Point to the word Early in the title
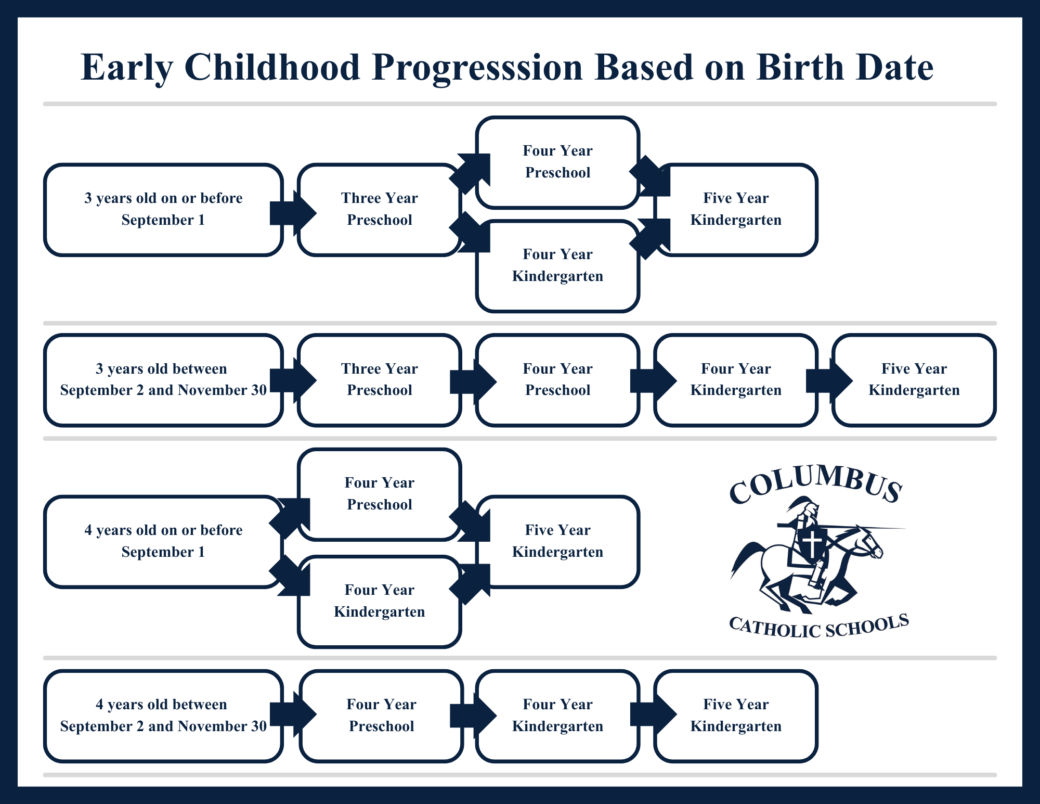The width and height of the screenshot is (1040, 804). coord(126,68)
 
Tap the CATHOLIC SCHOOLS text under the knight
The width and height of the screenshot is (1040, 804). coord(819,626)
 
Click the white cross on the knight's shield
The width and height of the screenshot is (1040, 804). coord(812,543)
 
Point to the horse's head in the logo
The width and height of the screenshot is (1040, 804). coord(866,541)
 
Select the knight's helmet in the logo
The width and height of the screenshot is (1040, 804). coord(803,507)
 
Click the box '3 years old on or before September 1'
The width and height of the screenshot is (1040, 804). coord(163,210)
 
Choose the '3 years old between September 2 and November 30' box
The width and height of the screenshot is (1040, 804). coord(163,380)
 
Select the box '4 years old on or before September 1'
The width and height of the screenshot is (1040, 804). coord(163,542)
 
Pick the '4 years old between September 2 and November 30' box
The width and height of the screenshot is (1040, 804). coord(163,716)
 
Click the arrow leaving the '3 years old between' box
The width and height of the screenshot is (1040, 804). coord(293,380)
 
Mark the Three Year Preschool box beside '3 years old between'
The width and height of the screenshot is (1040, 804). coord(380,380)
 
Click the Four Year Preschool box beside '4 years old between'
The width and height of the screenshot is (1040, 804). coord(381,716)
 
